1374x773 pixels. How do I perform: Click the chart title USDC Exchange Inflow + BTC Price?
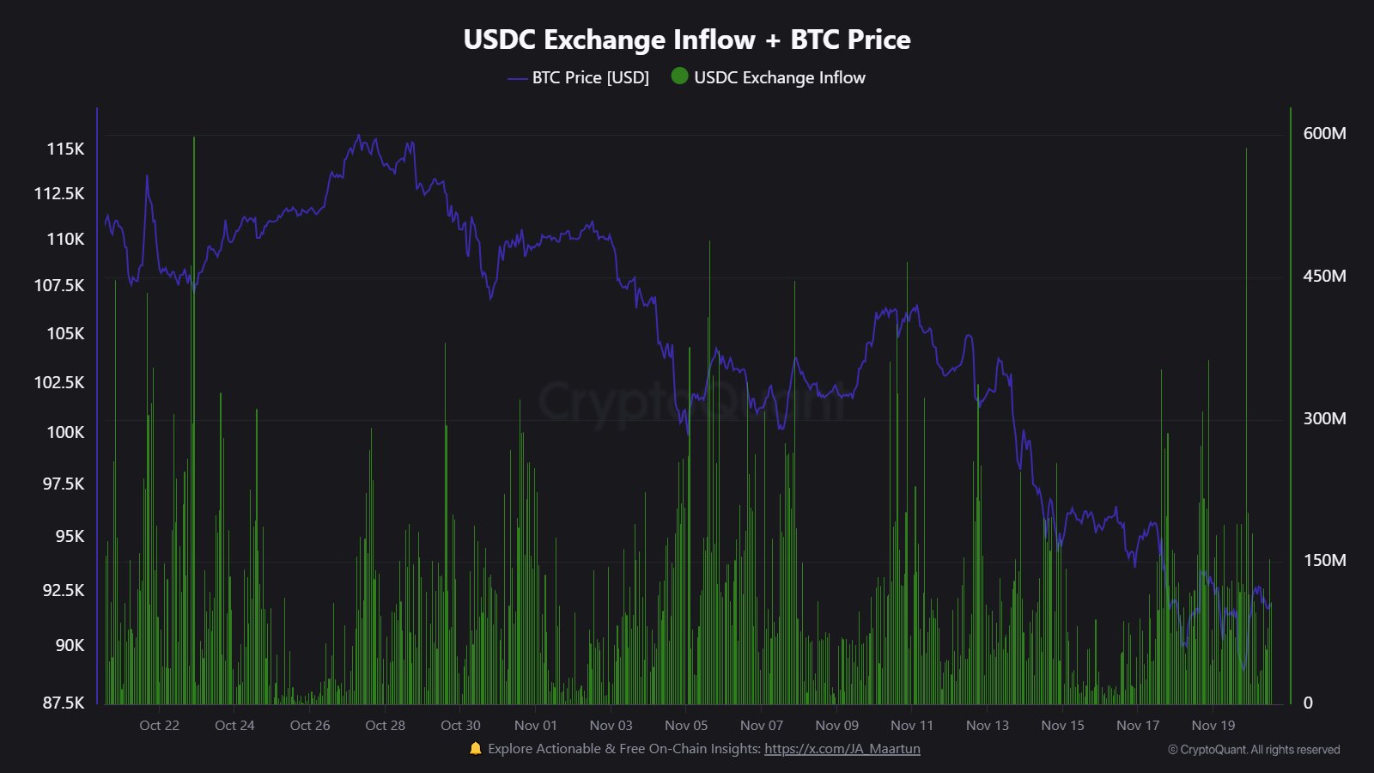(x=687, y=40)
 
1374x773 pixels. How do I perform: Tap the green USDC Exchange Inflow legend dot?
(x=679, y=76)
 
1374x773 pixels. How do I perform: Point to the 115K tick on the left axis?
(x=65, y=149)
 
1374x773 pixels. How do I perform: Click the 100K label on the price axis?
(x=65, y=432)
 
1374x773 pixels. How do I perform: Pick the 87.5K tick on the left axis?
(x=64, y=703)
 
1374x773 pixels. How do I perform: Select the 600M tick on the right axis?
(x=1324, y=133)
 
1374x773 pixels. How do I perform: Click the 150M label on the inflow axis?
(x=1324, y=560)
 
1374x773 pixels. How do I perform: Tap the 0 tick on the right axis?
(x=1308, y=703)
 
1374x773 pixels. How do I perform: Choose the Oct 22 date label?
(x=159, y=726)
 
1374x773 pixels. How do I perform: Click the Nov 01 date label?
(x=535, y=726)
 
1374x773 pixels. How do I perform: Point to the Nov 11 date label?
(x=911, y=726)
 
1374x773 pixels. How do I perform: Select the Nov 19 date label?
(x=1213, y=726)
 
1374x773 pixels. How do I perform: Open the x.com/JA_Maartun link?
(x=842, y=749)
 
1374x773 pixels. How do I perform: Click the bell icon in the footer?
(x=476, y=749)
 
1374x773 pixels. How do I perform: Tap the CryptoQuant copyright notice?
(x=1253, y=750)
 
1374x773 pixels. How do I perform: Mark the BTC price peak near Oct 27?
(x=359, y=136)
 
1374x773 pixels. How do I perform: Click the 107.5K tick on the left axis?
(x=59, y=285)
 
